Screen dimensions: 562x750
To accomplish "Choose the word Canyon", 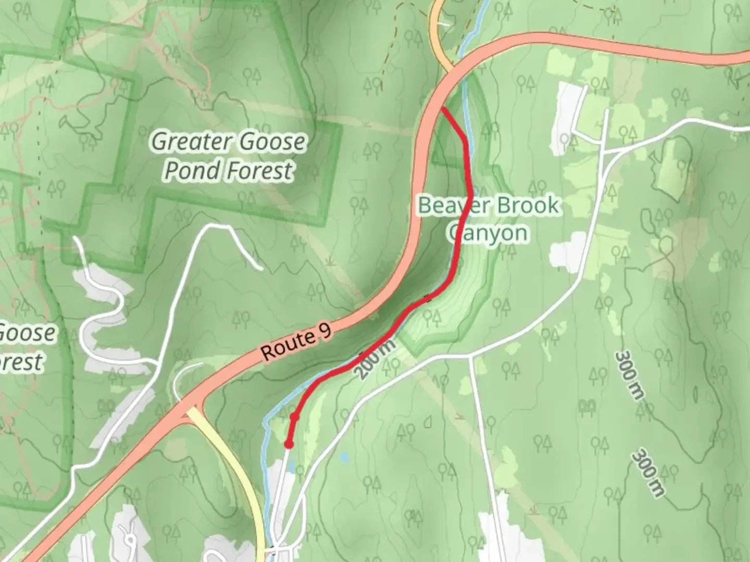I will click(488, 233).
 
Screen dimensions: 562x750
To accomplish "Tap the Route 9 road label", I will click(296, 344).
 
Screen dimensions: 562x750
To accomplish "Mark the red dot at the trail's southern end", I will click(288, 444).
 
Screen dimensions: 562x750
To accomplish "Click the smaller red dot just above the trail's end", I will click(294, 417).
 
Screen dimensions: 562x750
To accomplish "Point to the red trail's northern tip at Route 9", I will click(442, 108).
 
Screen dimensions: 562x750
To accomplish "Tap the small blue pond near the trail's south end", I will click(344, 457).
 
